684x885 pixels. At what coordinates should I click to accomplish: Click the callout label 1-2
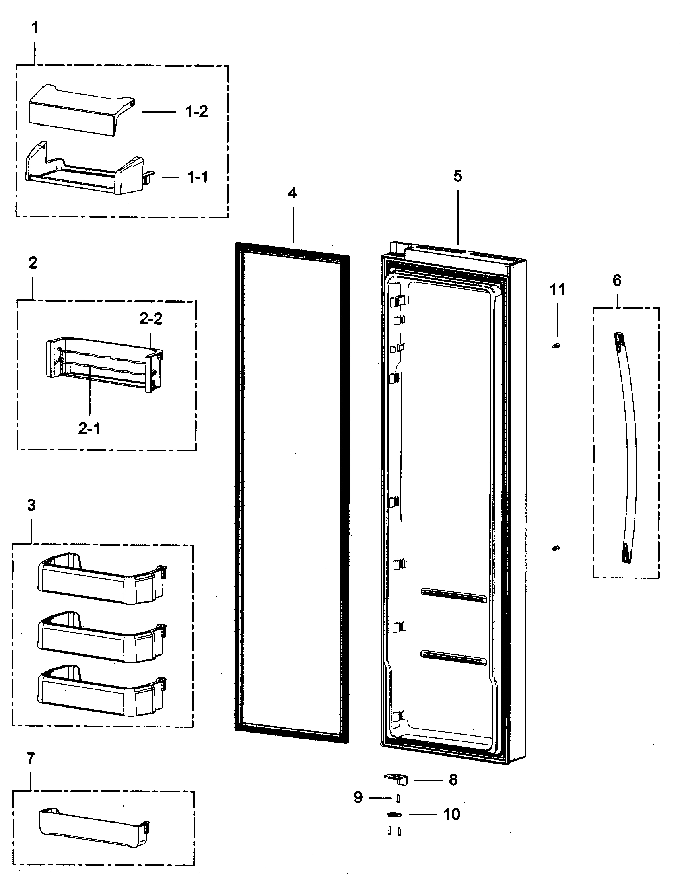pyautogui.click(x=196, y=111)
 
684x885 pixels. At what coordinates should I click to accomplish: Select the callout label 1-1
pyautogui.click(x=197, y=177)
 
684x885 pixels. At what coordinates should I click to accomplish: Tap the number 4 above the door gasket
pyautogui.click(x=292, y=193)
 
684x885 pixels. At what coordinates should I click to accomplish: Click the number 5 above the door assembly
pyautogui.click(x=457, y=176)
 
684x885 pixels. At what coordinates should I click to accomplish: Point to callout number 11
pyautogui.click(x=557, y=290)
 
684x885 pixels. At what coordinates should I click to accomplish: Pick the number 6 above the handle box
pyautogui.click(x=617, y=280)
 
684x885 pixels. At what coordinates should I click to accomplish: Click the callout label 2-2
pyautogui.click(x=151, y=319)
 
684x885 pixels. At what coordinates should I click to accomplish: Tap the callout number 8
pyautogui.click(x=453, y=780)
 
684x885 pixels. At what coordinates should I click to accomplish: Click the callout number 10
pyautogui.click(x=451, y=814)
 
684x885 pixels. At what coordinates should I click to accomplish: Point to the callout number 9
pyautogui.click(x=358, y=797)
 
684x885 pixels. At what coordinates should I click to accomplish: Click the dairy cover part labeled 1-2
pyautogui.click(x=81, y=109)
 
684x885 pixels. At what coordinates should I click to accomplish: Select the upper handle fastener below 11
pyautogui.click(x=556, y=346)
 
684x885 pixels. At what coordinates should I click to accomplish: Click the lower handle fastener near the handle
pyautogui.click(x=556, y=548)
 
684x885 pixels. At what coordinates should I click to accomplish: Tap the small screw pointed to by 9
pyautogui.click(x=398, y=798)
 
